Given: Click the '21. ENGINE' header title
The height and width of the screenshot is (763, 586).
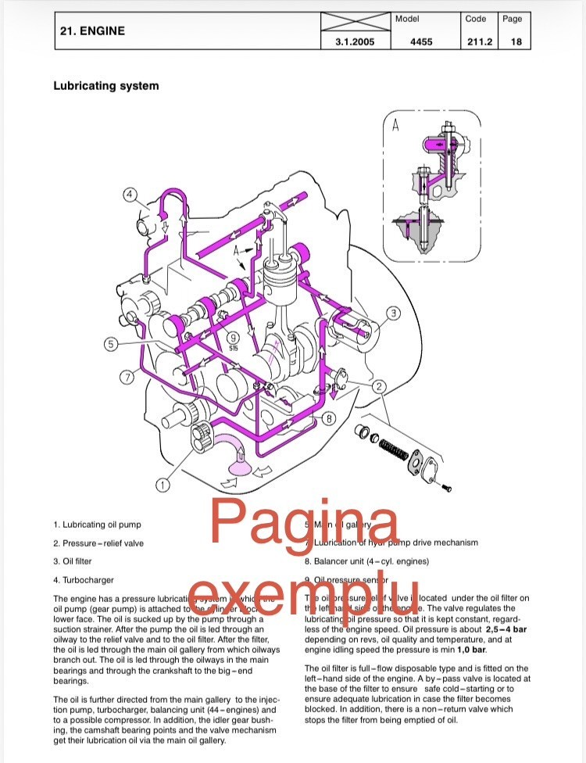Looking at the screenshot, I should point(92,31).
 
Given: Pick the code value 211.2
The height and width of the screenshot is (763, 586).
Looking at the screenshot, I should point(479,42).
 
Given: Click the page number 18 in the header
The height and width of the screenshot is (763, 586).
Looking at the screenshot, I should point(516,42).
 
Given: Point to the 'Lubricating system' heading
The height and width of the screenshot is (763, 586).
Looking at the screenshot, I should point(105,86).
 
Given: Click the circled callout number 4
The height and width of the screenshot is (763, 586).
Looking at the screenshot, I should point(129,194).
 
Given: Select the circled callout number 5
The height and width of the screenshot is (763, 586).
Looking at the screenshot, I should point(112,343).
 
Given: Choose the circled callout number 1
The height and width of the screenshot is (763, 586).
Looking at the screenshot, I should point(163,485).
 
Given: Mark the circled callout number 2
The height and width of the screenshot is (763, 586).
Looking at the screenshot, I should point(379,385).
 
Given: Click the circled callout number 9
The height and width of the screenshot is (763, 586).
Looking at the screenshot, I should point(233,338).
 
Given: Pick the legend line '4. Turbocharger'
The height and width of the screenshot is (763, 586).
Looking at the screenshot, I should point(84,580).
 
